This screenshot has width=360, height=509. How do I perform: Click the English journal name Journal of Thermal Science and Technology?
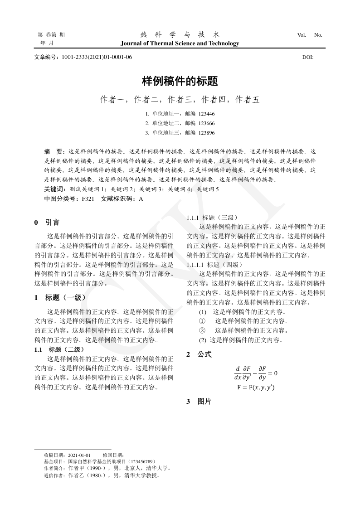click(x=180, y=44)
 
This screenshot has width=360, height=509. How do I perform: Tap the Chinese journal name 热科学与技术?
click(x=180, y=34)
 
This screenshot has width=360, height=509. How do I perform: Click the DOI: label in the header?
click(x=307, y=57)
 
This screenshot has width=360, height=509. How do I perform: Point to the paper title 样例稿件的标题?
click(x=180, y=82)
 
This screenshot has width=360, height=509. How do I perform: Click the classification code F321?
click(x=88, y=199)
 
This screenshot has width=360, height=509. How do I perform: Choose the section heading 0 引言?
click(x=47, y=223)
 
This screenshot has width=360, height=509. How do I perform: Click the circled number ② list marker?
click(x=202, y=330)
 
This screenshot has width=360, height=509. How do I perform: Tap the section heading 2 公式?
click(x=199, y=354)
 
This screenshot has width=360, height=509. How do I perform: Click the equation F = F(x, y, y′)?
click(x=256, y=388)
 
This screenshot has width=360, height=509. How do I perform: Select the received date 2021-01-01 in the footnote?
click(x=79, y=455)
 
